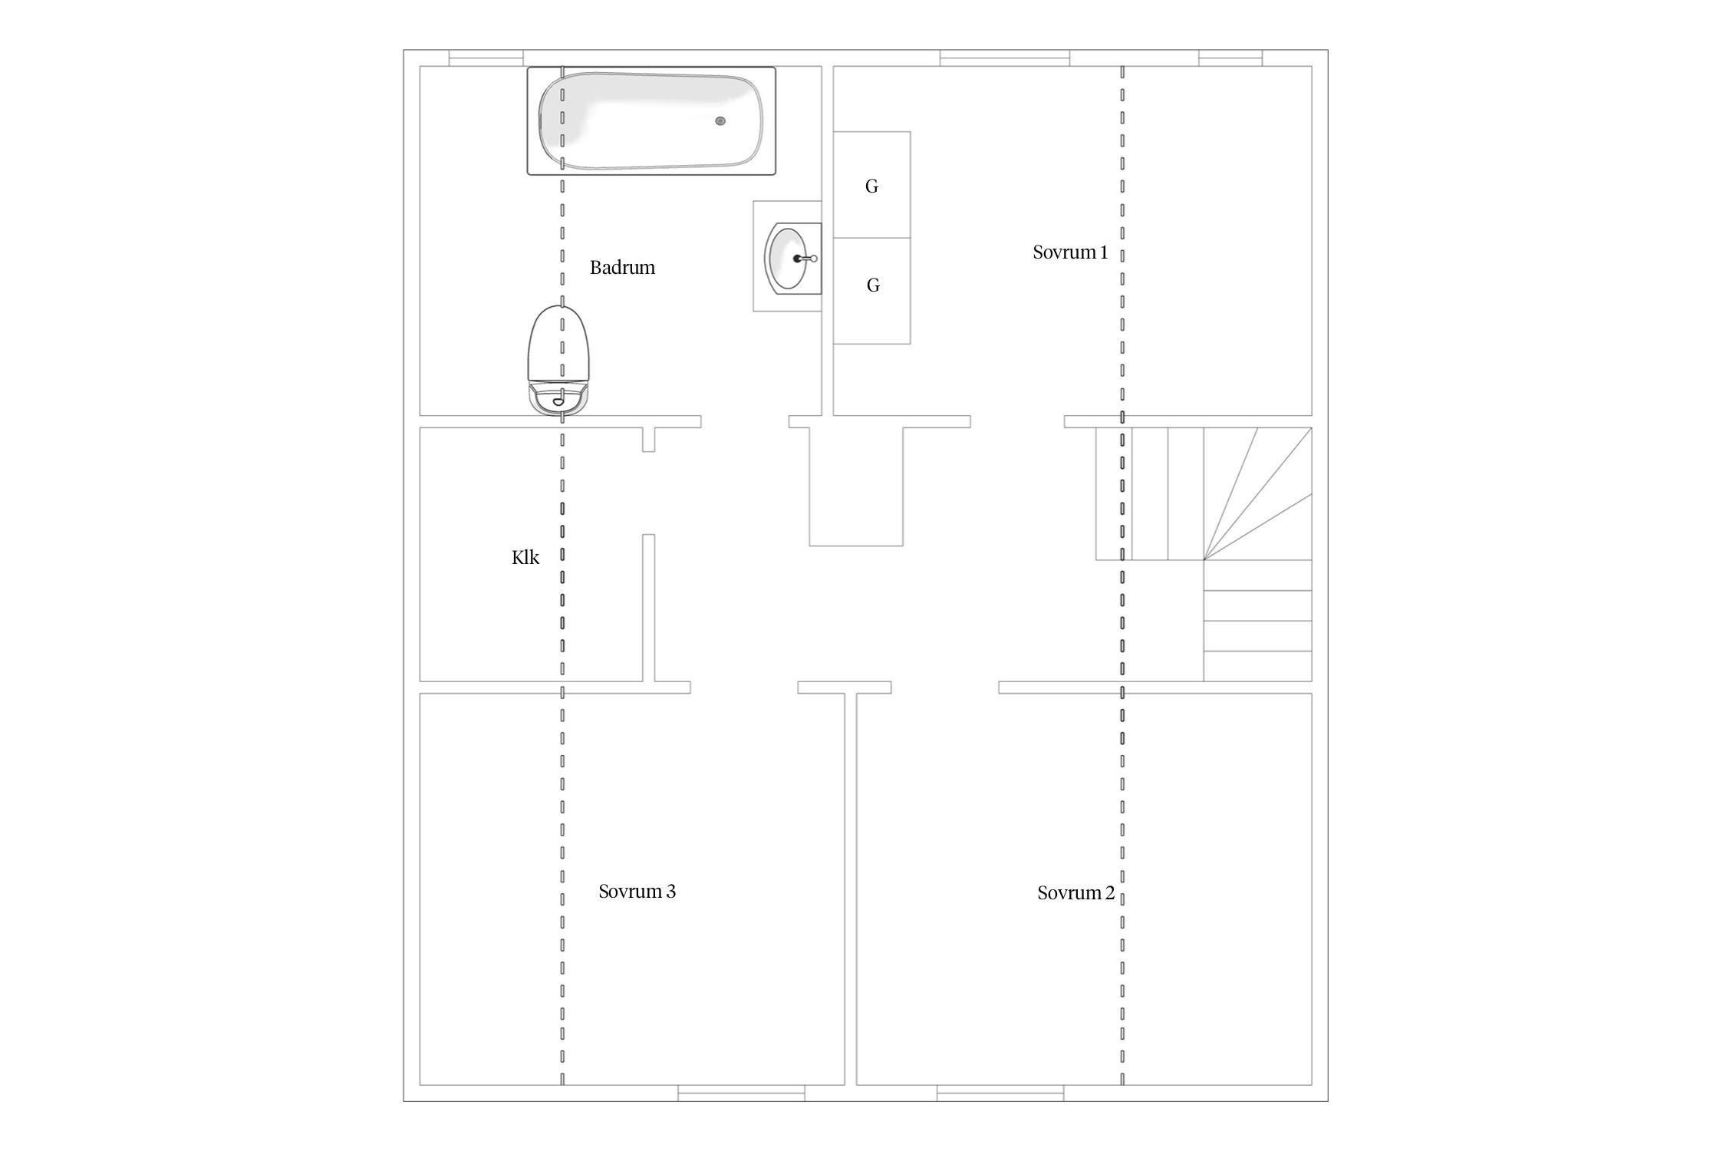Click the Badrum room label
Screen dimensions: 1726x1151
pyautogui.click(x=622, y=268)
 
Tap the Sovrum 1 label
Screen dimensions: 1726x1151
pyautogui.click(x=1070, y=252)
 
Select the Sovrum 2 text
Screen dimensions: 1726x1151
pyautogui.click(x=1075, y=893)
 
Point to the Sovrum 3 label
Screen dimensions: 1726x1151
pyautogui.click(x=637, y=892)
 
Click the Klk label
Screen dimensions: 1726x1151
pyautogui.click(x=525, y=558)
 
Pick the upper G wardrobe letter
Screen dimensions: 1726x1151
pyautogui.click(x=871, y=186)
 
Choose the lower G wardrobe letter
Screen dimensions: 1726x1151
pyautogui.click(x=873, y=285)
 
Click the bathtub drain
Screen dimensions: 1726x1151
pyautogui.click(x=720, y=121)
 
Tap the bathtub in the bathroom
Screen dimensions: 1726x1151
pyautogui.click(x=651, y=120)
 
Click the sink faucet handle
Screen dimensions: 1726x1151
pyautogui.click(x=805, y=259)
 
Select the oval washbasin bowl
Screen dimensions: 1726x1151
pyautogui.click(x=787, y=259)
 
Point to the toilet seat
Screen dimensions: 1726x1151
pyautogui.click(x=561, y=345)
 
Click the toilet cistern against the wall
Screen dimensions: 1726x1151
pyautogui.click(x=561, y=400)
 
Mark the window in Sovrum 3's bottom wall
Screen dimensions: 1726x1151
pyautogui.click(x=741, y=1093)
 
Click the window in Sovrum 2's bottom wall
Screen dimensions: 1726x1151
pyautogui.click(x=1000, y=1093)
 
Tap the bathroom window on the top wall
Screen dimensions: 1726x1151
pyautogui.click(x=486, y=58)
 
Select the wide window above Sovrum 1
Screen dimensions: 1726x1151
pyautogui.click(x=1005, y=58)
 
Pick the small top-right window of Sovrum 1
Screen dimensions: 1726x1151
pyautogui.click(x=1230, y=58)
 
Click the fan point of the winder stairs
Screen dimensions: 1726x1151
pyautogui.click(x=1204, y=560)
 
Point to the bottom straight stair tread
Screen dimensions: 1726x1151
pyautogui.click(x=1257, y=666)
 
